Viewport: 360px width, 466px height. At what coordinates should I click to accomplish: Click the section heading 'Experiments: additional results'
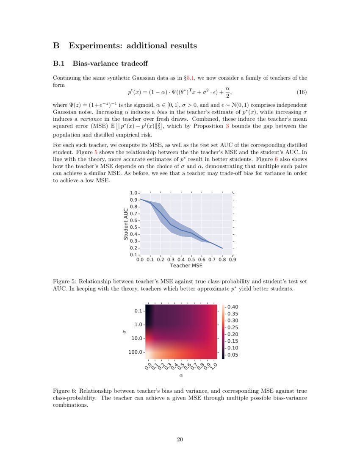(133, 45)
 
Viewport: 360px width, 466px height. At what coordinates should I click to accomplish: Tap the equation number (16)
(302, 92)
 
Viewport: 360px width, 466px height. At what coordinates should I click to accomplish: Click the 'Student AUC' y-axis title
(126, 224)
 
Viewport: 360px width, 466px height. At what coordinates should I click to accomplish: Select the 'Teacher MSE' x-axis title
(186, 266)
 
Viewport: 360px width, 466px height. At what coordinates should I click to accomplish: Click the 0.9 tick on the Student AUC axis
(134, 200)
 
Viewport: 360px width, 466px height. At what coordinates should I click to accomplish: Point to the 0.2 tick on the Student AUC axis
(134, 248)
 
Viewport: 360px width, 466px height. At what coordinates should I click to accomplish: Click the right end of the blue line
(222, 248)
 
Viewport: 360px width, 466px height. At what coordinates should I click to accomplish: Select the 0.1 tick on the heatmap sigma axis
(139, 311)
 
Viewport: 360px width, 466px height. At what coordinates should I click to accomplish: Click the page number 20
(180, 439)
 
